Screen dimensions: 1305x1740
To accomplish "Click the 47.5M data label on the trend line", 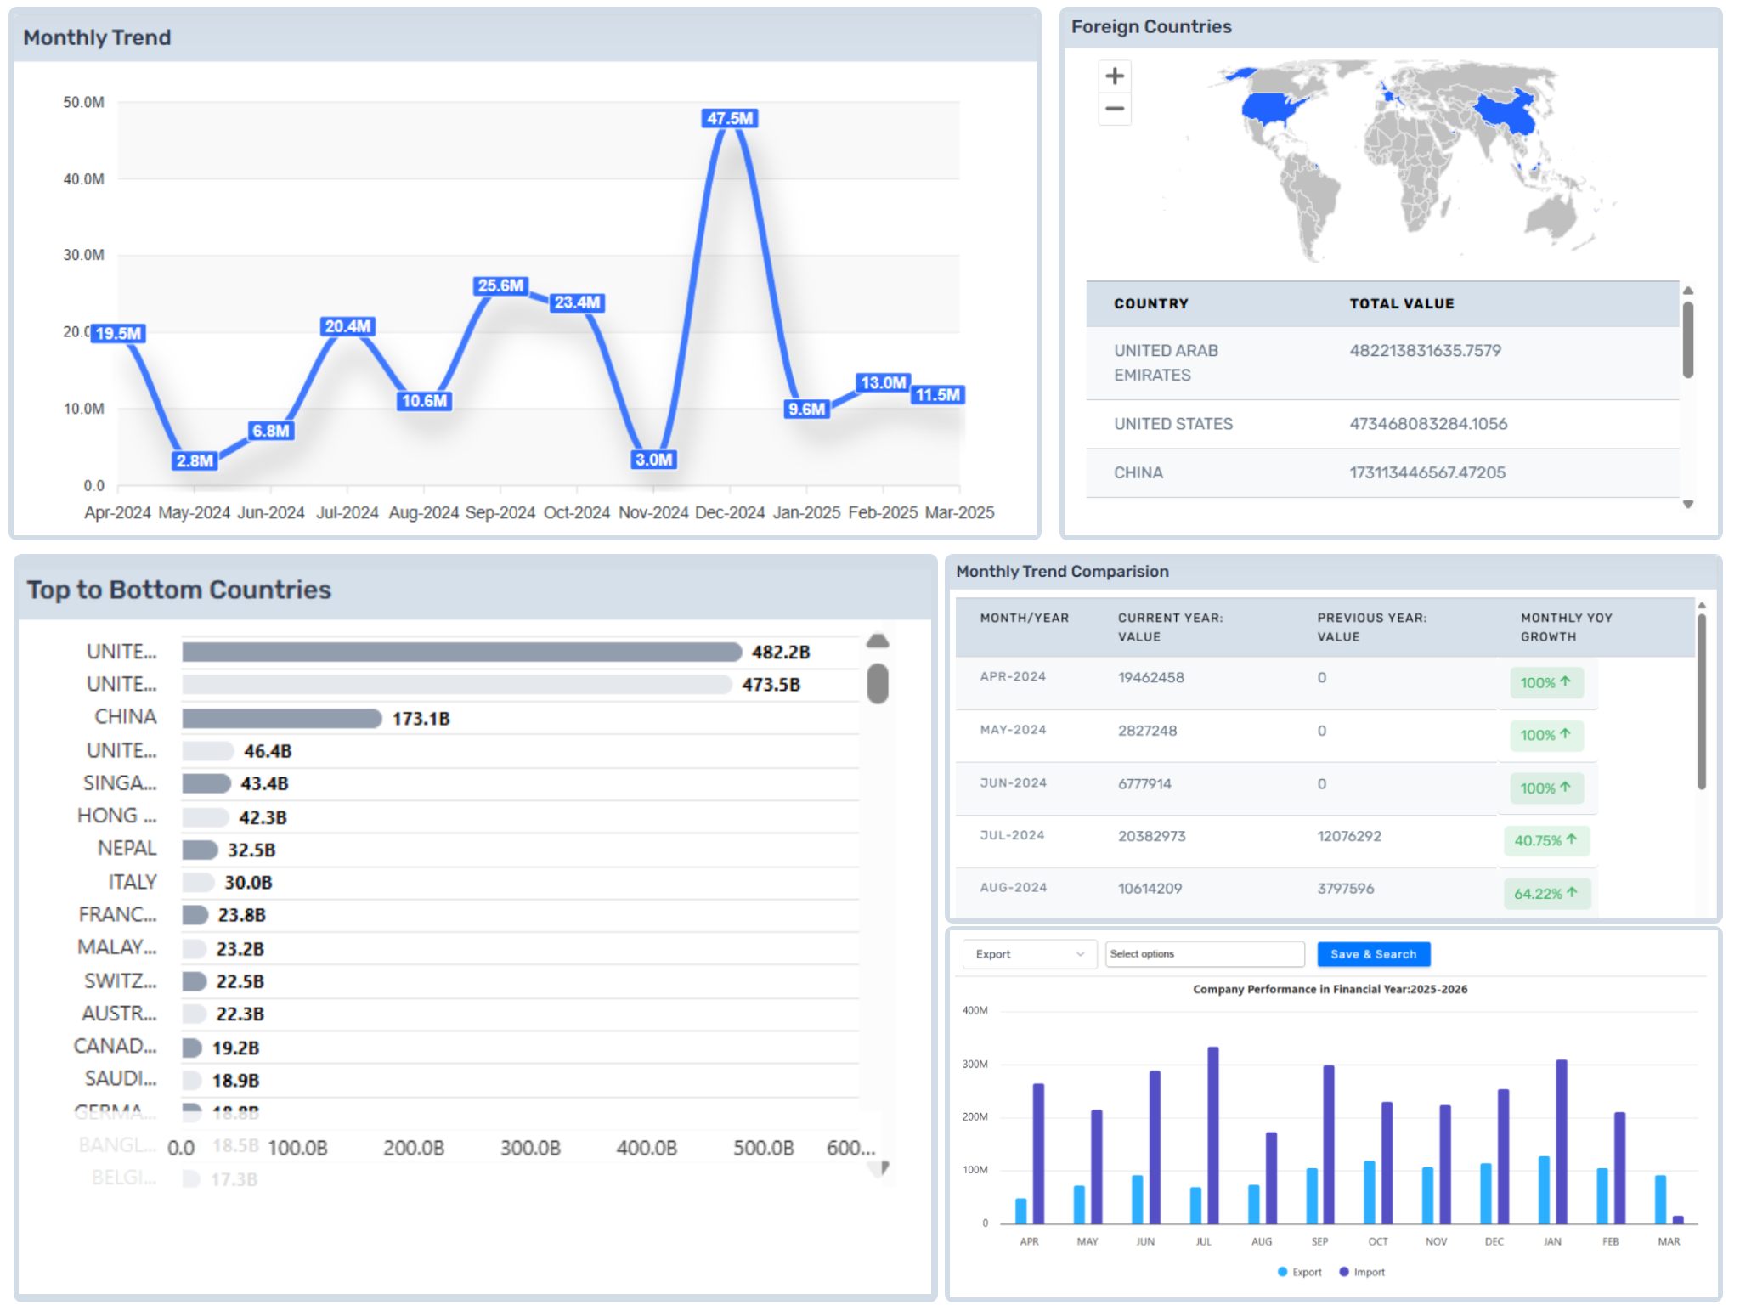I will pyautogui.click(x=730, y=118).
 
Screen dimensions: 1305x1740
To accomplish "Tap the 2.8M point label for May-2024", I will pyautogui.click(x=195, y=460).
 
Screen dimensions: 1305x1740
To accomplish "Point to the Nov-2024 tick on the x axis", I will pyautogui.click(x=653, y=512).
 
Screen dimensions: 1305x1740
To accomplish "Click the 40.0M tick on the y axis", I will pyautogui.click(x=83, y=178).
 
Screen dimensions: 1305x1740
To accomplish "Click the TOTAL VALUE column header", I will pyautogui.click(x=1401, y=303).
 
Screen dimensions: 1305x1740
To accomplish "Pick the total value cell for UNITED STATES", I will pyautogui.click(x=1428, y=423).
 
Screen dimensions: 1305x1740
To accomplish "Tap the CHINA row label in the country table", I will pyautogui.click(x=1138, y=472).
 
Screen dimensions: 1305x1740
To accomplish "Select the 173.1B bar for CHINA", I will pyautogui.click(x=281, y=718).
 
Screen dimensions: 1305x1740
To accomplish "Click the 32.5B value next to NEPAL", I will pyautogui.click(x=251, y=850).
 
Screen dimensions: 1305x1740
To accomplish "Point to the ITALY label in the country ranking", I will pyautogui.click(x=133, y=882).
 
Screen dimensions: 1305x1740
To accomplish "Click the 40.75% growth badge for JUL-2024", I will pyautogui.click(x=1545, y=840).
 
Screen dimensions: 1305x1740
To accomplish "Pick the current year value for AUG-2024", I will pyautogui.click(x=1150, y=888).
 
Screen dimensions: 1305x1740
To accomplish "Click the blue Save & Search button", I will pyautogui.click(x=1373, y=954).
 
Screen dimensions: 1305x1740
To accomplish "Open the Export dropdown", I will pyautogui.click(x=1029, y=954).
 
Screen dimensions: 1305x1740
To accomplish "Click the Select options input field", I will pyautogui.click(x=1204, y=954).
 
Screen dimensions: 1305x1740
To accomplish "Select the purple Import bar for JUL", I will pyautogui.click(x=1212, y=1134).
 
